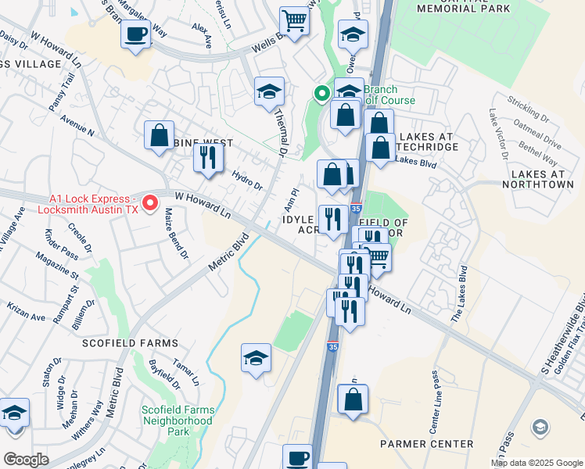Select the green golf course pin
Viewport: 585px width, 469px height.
[321, 95]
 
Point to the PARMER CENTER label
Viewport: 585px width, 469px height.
[426, 444]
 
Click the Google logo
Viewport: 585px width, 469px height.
[26, 460]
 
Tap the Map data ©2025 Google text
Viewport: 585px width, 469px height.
[537, 463]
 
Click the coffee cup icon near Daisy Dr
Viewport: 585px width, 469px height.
[136, 35]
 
